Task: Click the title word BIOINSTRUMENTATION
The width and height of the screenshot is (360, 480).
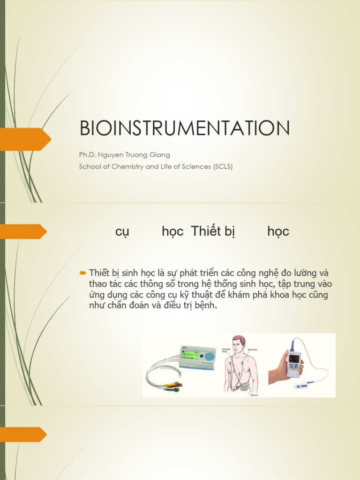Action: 185,129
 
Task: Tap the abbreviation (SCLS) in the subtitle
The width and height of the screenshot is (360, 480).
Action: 223,166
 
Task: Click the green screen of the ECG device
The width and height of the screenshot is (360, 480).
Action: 191,355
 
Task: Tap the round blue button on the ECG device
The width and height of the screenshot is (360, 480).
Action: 210,356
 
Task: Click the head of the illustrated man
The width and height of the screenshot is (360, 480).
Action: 239,345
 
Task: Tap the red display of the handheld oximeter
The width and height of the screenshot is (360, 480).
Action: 294,359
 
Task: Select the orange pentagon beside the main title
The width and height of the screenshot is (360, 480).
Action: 25,139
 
